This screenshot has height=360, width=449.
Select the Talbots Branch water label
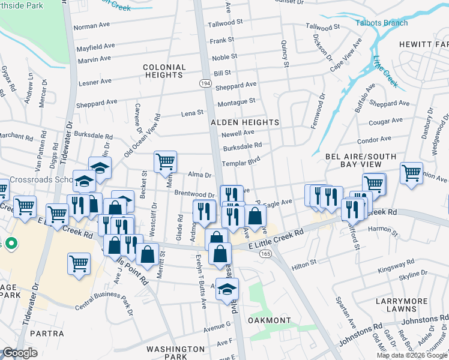(382, 23)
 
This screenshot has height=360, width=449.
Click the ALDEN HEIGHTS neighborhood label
(245, 122)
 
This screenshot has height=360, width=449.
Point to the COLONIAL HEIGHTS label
(163, 71)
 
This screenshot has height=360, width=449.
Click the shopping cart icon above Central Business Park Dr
(79, 263)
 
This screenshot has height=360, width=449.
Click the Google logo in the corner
(20, 353)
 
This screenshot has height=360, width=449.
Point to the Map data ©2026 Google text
(411, 355)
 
